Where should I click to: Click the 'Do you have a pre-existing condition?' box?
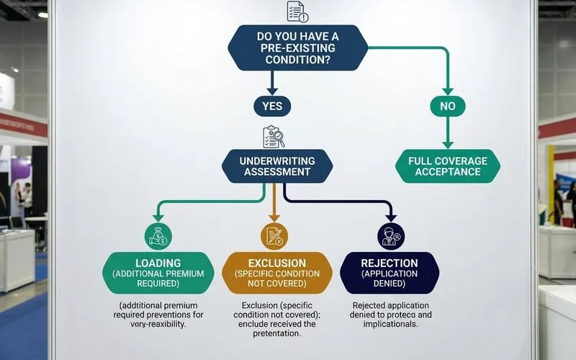coord(297,48)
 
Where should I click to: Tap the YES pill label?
coord(272,106)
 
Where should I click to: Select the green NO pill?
coord(447,106)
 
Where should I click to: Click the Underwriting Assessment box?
coord(277,166)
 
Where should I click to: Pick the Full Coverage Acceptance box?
coord(448,166)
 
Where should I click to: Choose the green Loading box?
coord(158,273)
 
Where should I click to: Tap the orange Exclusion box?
coord(277,273)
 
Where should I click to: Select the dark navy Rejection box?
coord(390,273)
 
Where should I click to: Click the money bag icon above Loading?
coord(158,236)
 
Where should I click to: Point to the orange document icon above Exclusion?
coord(274,236)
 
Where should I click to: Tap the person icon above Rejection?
coord(391,236)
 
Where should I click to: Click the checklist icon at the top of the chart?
coord(297,12)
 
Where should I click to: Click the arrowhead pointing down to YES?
coord(272,91)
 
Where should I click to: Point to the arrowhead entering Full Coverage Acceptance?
coord(447,145)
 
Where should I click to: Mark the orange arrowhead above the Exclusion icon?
coord(274,218)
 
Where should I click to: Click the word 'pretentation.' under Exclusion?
coord(276,333)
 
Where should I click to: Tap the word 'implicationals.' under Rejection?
coord(390,324)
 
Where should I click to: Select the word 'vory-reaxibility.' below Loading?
coord(158,324)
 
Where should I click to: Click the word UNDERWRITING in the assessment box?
coord(277,161)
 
